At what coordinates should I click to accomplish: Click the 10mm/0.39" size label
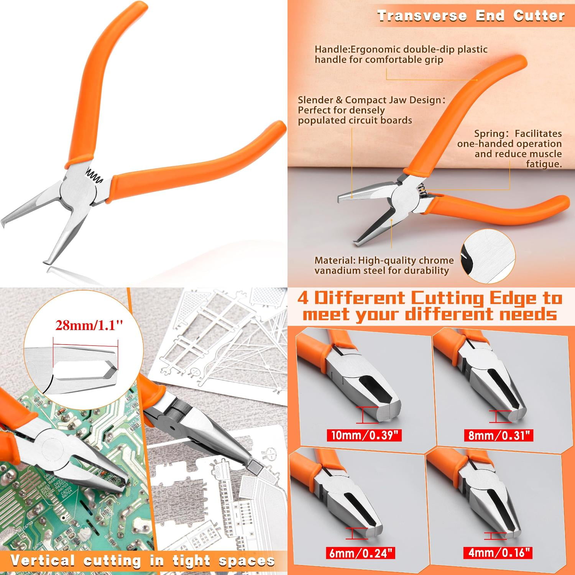(x=364, y=435)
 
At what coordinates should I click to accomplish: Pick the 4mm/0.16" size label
(x=499, y=552)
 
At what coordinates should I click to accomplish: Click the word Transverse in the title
(x=422, y=16)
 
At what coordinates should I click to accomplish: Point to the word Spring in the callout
(x=489, y=133)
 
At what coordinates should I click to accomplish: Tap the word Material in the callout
(x=335, y=260)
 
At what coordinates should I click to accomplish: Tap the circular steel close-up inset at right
(x=487, y=256)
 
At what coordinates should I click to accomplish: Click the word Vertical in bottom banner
(x=43, y=560)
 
